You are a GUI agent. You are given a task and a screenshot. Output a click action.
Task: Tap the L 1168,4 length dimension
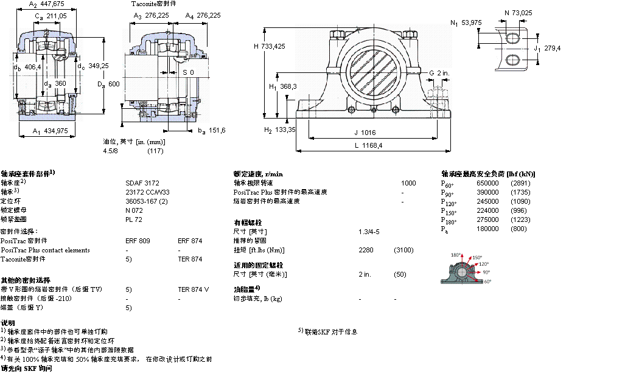tap(369, 145)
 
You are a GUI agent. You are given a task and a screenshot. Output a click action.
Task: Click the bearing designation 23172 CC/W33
tap(147, 191)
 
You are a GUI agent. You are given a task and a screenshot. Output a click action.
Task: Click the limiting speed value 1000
tap(408, 182)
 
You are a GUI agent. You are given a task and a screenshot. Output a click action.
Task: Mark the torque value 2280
tap(367, 250)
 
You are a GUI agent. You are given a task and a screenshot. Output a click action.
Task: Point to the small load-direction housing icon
tap(470, 268)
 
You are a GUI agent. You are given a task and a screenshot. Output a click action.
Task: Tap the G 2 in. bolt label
tap(439, 73)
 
